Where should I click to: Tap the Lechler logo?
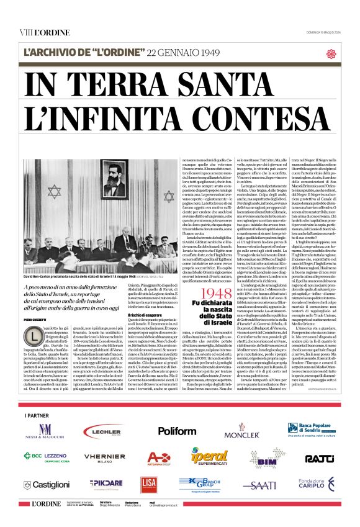pyautogui.click(x=102, y=431)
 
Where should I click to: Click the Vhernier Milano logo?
pyautogui.click(x=104, y=458)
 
